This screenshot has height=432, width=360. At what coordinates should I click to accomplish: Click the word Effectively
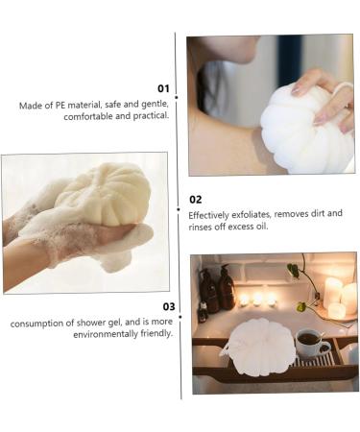click(210, 214)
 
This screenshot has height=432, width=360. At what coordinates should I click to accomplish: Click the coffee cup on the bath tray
click(309, 342)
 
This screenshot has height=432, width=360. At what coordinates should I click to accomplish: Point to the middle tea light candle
click(256, 299)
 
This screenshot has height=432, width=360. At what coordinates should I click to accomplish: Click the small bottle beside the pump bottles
click(203, 311)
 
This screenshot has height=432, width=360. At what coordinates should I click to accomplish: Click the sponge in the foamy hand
click(101, 192)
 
